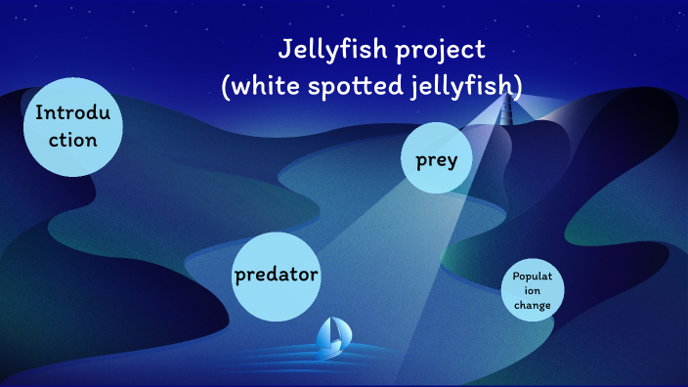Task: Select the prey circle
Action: click(x=436, y=158)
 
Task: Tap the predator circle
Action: click(x=277, y=276)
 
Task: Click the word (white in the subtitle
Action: click(x=257, y=86)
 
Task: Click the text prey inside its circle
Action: click(x=436, y=159)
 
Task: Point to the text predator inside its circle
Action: click(x=277, y=275)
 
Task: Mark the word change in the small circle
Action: click(x=533, y=306)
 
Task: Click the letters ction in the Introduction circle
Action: click(x=73, y=140)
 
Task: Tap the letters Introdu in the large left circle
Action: click(x=74, y=112)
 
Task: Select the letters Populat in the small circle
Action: click(x=533, y=277)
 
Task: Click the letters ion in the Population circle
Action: click(x=533, y=291)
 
